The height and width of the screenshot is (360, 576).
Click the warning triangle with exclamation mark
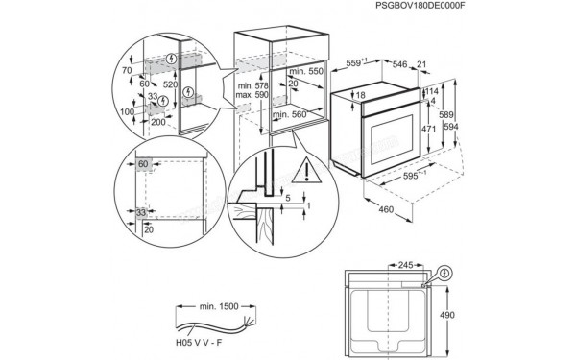(304, 171)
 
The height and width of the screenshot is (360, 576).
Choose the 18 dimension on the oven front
(360, 96)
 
